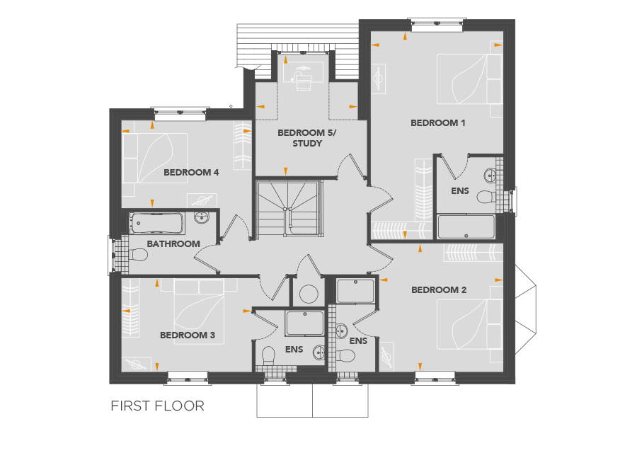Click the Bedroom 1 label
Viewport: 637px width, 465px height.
437,122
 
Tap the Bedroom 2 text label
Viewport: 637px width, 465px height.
439,290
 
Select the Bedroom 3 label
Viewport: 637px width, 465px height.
188,335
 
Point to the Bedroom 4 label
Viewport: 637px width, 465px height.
191,172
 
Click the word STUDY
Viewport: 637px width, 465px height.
307,144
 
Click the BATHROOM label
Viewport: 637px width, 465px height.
173,243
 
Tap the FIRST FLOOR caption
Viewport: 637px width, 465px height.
157,406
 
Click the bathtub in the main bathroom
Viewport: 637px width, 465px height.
157,224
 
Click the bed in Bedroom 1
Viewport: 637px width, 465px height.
470,79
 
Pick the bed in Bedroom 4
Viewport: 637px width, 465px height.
155,159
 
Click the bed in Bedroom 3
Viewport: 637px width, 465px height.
199,312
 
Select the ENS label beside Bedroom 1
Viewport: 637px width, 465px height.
460,191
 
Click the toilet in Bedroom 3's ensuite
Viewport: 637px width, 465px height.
268,355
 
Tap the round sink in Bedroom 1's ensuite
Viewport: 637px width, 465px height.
490,175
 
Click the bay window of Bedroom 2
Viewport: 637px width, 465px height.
526,310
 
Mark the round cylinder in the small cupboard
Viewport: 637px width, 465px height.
309,294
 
